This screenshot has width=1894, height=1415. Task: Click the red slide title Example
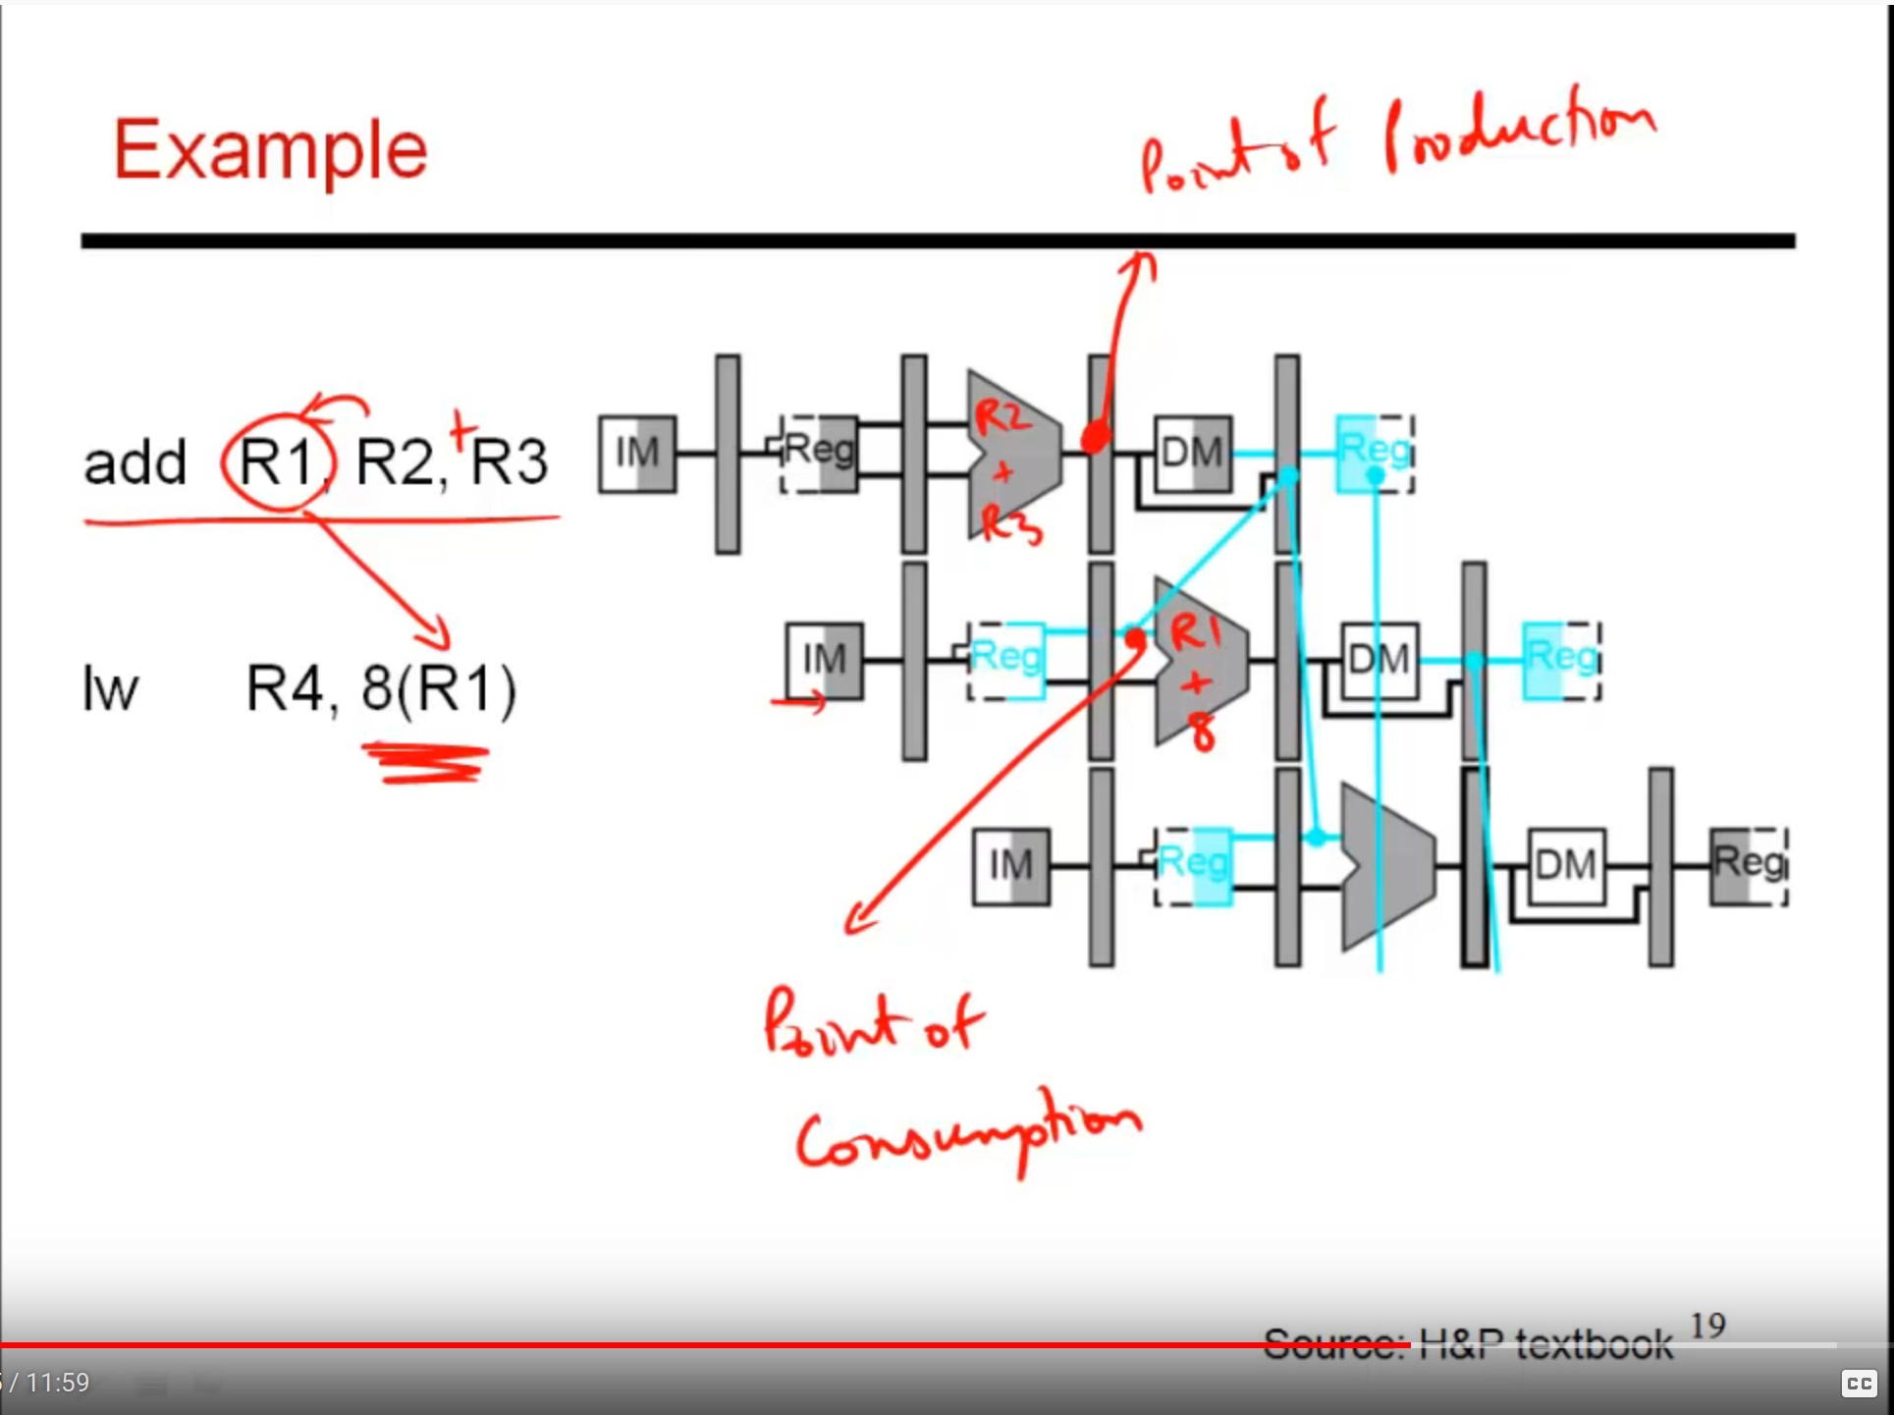point(270,150)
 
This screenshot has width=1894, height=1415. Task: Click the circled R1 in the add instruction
point(278,461)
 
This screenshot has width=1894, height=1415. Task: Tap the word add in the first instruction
point(135,463)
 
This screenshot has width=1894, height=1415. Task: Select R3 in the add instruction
point(509,462)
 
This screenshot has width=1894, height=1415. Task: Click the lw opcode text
point(109,689)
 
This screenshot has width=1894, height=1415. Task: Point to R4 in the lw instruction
point(284,688)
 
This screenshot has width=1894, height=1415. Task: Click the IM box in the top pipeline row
point(637,454)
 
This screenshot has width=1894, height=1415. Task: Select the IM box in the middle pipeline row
point(824,660)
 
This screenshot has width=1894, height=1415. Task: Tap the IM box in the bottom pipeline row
point(1010,866)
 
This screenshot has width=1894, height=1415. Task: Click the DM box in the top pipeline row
point(1192,454)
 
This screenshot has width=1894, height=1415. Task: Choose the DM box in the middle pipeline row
point(1379,660)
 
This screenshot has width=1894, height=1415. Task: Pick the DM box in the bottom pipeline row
point(1565,866)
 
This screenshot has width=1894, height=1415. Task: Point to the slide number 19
point(1707,1326)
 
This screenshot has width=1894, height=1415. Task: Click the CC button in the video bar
point(1859,1383)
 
